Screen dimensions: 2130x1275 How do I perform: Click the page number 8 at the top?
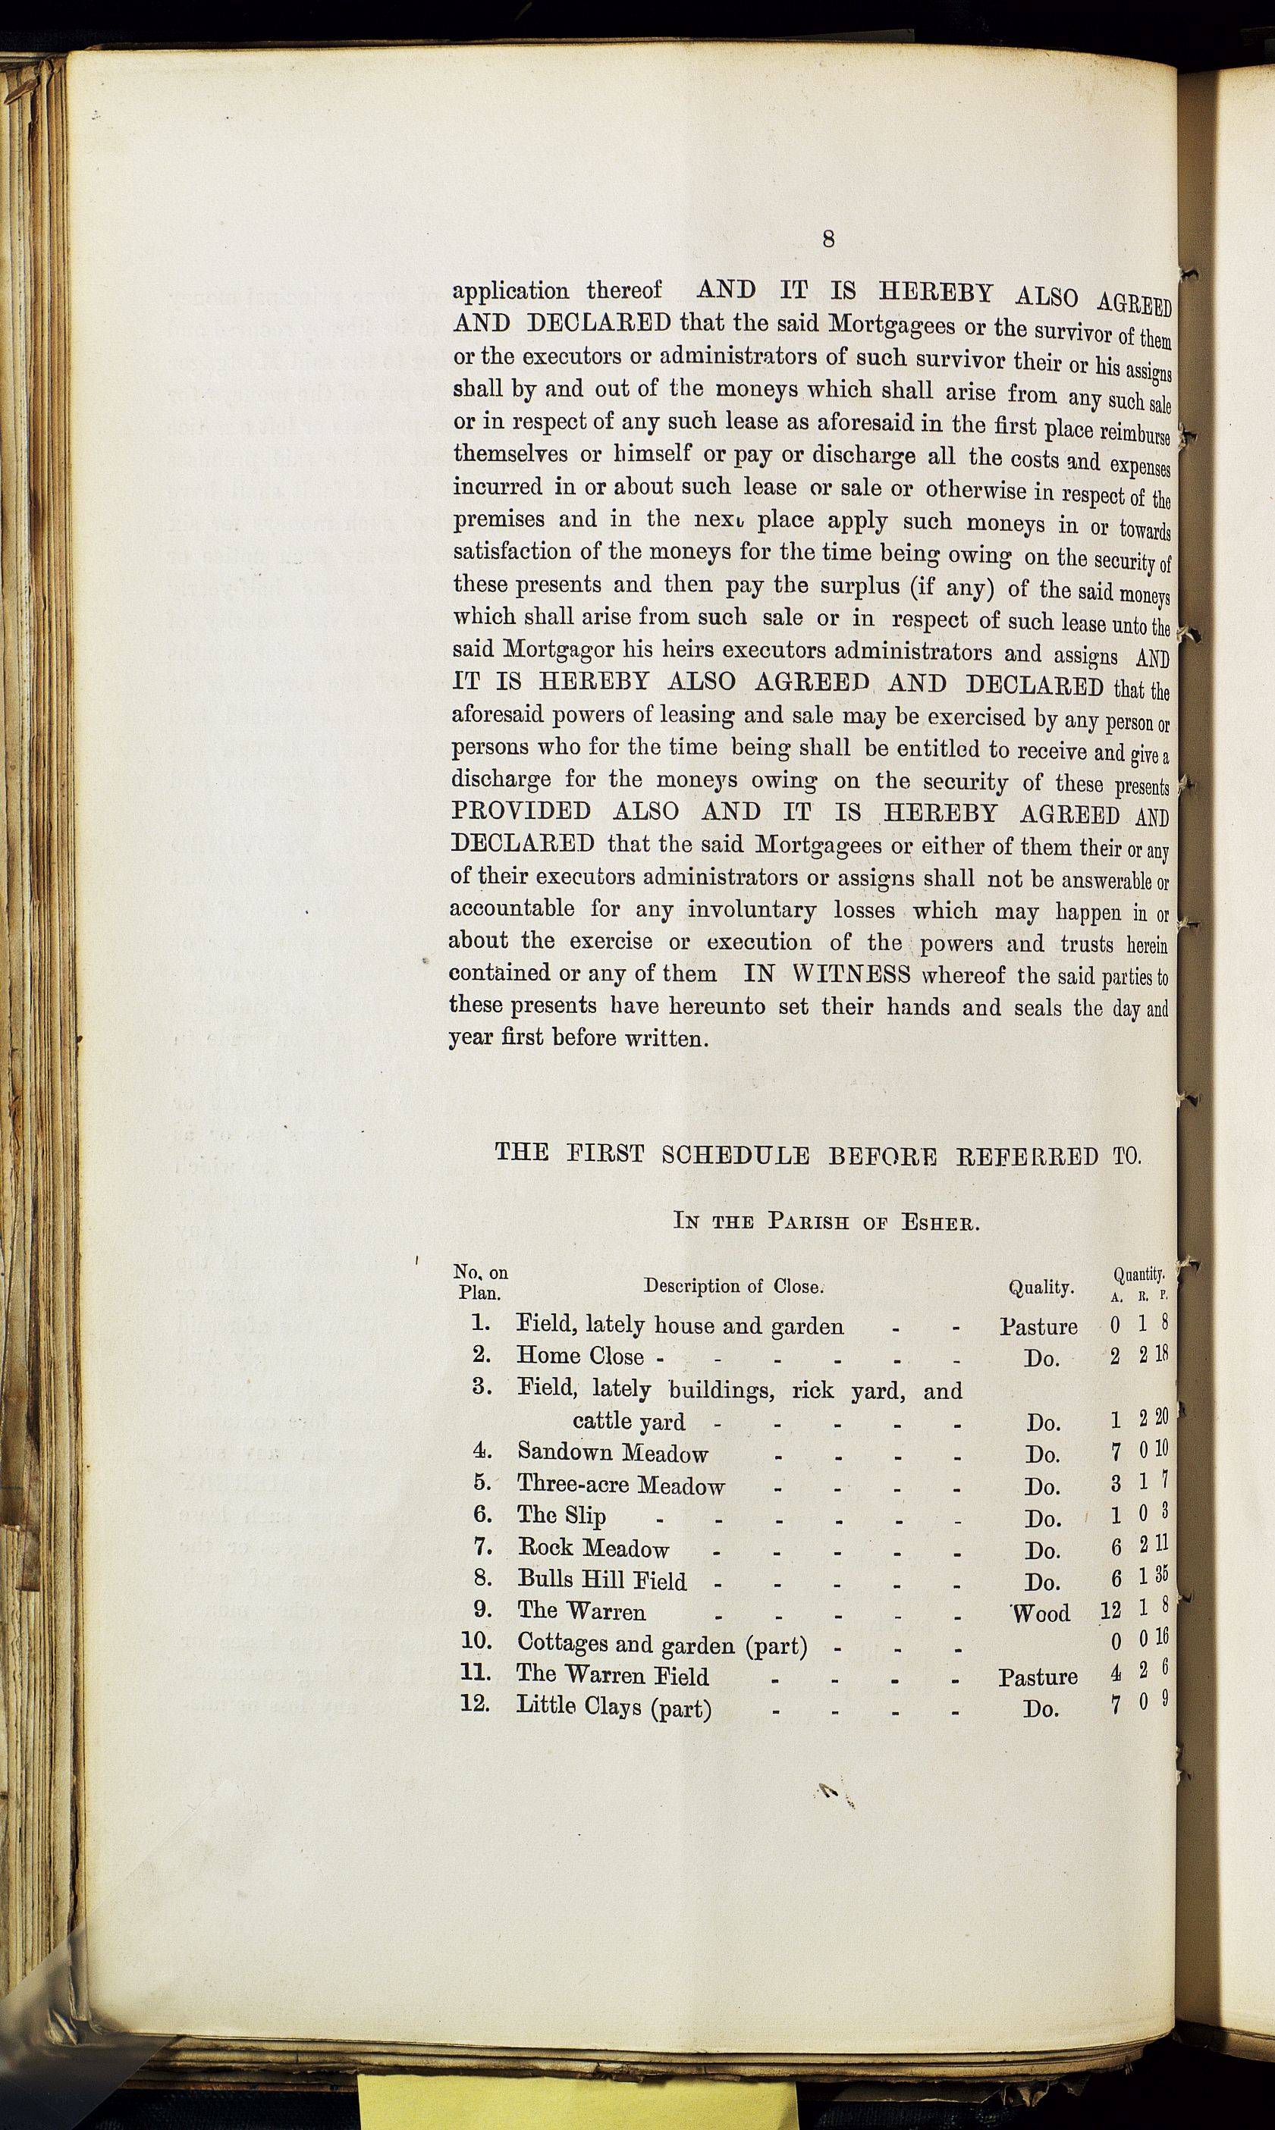pos(828,240)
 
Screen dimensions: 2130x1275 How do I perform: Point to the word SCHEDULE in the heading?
pos(736,1154)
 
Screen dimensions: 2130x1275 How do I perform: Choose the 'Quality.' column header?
pos(1041,1287)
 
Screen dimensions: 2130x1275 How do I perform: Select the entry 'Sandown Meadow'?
pos(613,1452)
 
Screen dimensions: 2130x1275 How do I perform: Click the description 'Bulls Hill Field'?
pos(601,1580)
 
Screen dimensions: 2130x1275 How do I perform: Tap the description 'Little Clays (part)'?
pos(614,1707)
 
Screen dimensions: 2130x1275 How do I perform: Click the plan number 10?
pos(475,1640)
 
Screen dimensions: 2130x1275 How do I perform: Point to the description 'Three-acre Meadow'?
pos(620,1485)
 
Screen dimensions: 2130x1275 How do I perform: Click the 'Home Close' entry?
pos(580,1356)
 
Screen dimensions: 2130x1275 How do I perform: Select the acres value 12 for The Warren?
pos(1110,1611)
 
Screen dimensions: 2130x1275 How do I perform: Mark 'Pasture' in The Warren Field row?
pos(1037,1676)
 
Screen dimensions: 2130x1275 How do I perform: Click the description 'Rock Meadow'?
pos(593,1548)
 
